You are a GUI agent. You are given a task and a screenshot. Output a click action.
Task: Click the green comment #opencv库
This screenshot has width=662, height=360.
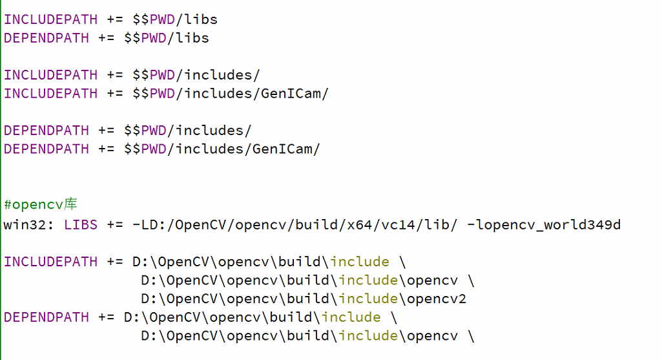40,205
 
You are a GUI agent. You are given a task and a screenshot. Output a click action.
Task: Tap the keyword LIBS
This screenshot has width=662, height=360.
81,224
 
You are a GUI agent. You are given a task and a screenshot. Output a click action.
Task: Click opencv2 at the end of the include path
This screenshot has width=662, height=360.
437,299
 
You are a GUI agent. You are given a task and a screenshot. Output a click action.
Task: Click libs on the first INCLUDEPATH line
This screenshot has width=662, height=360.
201,19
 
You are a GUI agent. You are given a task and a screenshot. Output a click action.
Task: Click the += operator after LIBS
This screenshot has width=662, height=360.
115,224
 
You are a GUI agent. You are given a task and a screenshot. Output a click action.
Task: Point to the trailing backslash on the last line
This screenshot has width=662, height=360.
471,336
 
